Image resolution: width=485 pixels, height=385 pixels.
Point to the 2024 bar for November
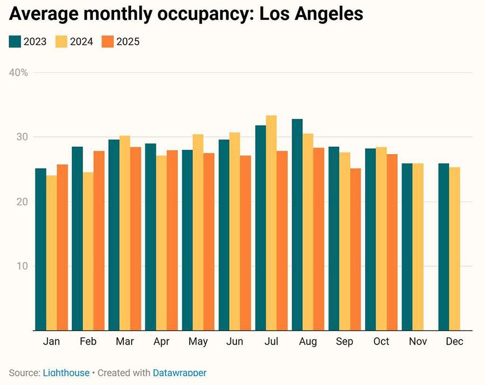coord(418,247)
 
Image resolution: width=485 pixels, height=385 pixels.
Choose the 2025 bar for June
coord(245,243)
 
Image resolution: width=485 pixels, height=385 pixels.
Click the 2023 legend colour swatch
coord(15,41)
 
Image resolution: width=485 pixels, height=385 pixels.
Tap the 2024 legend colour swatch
coord(62,41)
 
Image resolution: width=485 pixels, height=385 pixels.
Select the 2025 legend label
coord(128,41)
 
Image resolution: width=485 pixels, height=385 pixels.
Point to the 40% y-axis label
coord(19,72)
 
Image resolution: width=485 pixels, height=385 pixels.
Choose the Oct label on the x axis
coord(381,341)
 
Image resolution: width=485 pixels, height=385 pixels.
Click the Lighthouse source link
coord(65,373)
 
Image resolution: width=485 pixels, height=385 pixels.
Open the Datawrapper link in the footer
coord(179,373)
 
